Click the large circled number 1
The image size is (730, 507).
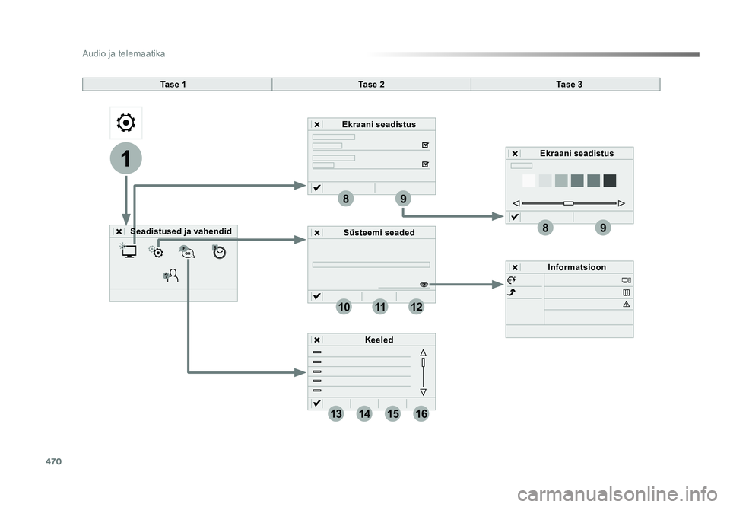point(125,159)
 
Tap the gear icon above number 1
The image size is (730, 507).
point(125,123)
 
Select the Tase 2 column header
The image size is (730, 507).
point(371,84)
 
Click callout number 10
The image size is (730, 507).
point(344,307)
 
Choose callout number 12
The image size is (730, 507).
point(416,307)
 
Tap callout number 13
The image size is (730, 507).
point(337,414)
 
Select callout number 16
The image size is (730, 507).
point(422,414)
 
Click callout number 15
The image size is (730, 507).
point(393,414)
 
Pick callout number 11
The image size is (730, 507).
point(380,307)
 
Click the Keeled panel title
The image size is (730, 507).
point(379,340)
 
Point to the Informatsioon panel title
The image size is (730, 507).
point(576,267)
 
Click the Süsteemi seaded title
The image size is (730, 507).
point(379,232)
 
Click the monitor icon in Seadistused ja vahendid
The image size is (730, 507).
point(129,252)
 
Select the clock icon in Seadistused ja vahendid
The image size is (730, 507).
point(220,253)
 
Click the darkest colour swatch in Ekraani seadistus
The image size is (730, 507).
point(610,180)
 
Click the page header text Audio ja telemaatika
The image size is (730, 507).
point(123,54)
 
